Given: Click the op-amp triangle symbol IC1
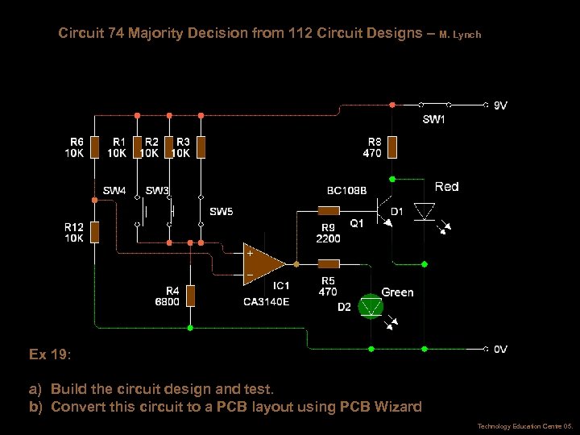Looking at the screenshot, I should pyautogui.click(x=264, y=263).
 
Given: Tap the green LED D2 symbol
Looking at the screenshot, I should pyautogui.click(x=371, y=306).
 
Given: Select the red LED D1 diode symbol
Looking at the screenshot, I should pyautogui.click(x=424, y=211).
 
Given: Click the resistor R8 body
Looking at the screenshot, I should pyautogui.click(x=392, y=147).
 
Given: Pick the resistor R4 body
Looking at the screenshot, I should pyautogui.click(x=190, y=295).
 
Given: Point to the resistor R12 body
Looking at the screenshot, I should pyautogui.click(x=94, y=232).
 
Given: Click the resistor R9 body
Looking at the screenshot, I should pyautogui.click(x=328, y=211).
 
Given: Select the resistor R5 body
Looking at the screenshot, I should pyautogui.click(x=328, y=263).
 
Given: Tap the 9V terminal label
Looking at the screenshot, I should pyautogui.click(x=500, y=105).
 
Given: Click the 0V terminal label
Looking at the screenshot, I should pyautogui.click(x=500, y=350).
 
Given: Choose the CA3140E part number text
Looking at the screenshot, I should pyautogui.click(x=267, y=302).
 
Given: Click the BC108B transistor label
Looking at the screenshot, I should pyautogui.click(x=346, y=191).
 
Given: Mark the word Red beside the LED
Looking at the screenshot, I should pyautogui.click(x=446, y=187).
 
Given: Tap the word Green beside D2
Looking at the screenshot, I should pyautogui.click(x=397, y=292).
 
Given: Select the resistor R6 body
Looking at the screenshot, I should pyautogui.click(x=94, y=147).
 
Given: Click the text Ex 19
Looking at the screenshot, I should pyautogui.click(x=49, y=354).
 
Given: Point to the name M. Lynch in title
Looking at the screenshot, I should pyautogui.click(x=460, y=35).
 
